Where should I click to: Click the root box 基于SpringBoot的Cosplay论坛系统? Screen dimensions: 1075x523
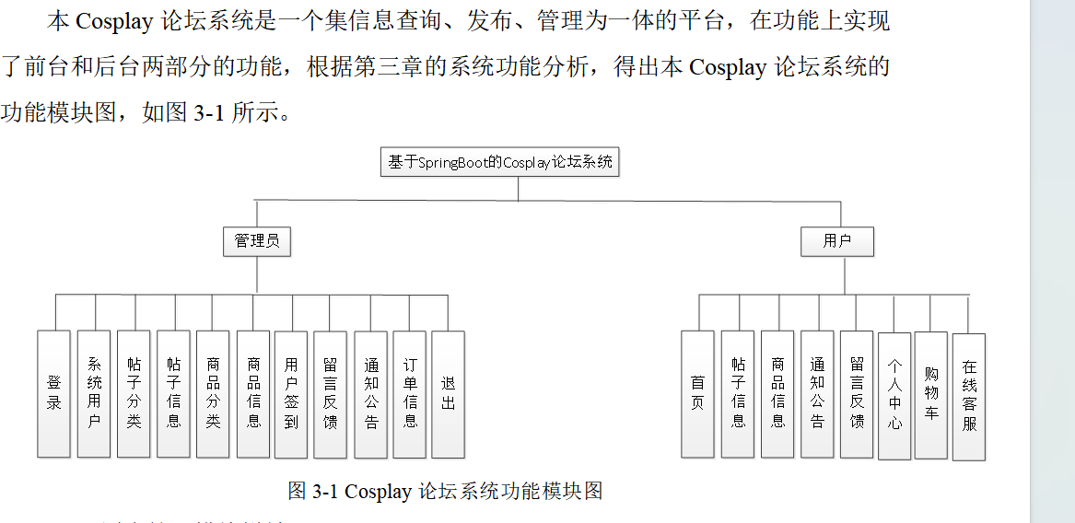[499, 162]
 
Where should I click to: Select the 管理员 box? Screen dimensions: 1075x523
[257, 241]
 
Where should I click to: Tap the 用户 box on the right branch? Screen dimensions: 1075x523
[836, 241]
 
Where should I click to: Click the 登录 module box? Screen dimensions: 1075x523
[53, 393]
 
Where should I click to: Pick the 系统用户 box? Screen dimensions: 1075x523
[94, 393]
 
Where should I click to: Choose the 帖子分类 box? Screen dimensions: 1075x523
[134, 393]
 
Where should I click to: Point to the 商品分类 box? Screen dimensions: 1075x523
[213, 393]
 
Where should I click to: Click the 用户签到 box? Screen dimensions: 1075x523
[291, 393]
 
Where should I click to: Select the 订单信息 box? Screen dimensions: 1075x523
[410, 393]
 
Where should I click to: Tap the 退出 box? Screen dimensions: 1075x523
[449, 393]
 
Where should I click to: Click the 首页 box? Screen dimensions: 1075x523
[697, 393]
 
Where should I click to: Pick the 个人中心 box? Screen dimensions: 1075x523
[894, 393]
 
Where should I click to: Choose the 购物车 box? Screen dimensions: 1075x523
[931, 393]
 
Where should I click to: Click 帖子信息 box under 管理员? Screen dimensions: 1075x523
[173, 393]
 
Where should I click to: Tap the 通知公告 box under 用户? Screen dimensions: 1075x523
[817, 393]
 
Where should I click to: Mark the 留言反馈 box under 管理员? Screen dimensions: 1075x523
[331, 393]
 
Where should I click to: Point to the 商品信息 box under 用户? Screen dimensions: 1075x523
[777, 393]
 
